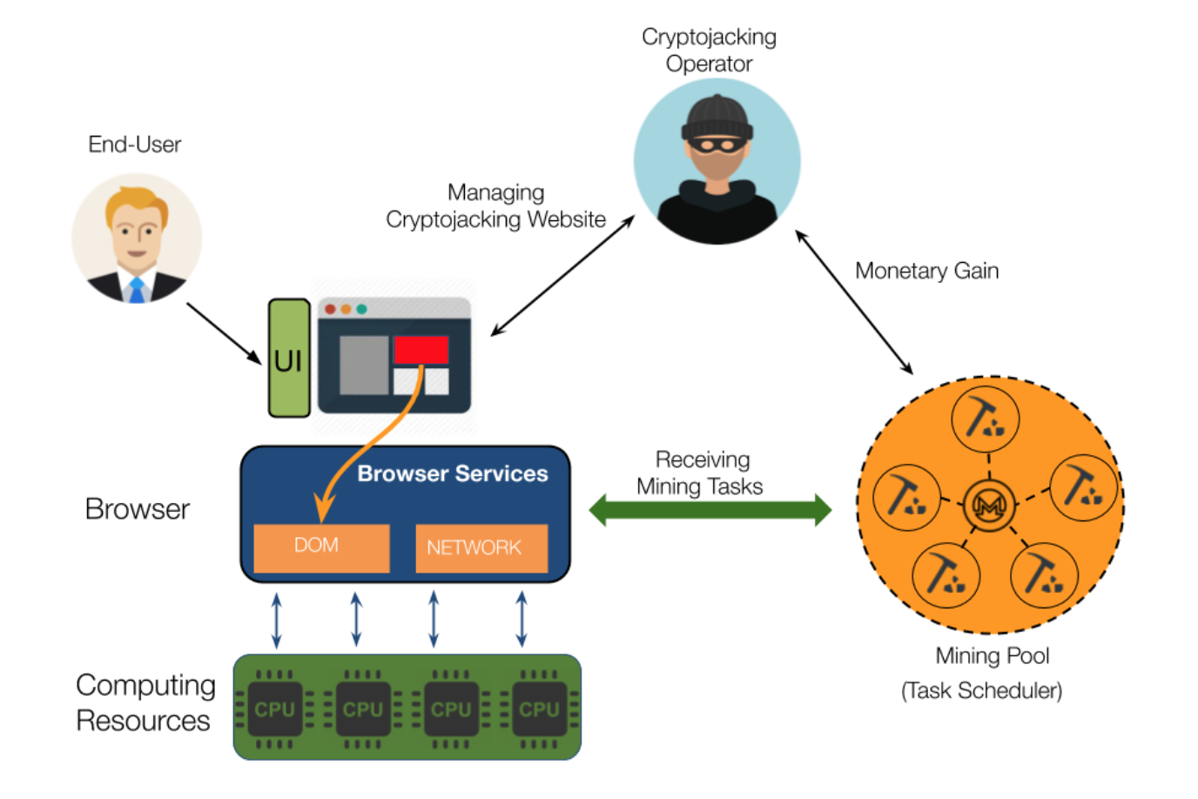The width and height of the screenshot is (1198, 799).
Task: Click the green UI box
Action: pos(289,359)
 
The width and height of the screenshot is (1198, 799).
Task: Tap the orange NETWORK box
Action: pos(481,547)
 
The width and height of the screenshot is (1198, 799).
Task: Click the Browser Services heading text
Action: pos(453,473)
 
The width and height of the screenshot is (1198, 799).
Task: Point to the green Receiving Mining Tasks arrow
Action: pos(710,509)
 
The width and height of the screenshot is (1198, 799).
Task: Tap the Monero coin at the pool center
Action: pos(989,504)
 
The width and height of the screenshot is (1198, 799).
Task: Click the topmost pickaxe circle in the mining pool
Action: pos(985,419)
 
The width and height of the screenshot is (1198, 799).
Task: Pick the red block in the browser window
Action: pos(421,350)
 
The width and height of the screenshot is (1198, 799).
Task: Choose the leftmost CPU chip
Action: pos(274,708)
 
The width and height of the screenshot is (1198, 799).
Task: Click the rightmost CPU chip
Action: pos(539,708)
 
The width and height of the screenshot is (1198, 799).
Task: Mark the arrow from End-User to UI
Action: pos(224,333)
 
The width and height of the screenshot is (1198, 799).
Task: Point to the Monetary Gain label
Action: pos(926,271)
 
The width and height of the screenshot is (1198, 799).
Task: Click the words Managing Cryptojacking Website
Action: pos(495,206)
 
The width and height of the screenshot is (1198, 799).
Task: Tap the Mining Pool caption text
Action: pos(992,655)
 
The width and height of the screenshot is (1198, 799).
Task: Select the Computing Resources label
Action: pos(145,703)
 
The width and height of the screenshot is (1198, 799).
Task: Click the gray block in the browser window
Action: pos(364,365)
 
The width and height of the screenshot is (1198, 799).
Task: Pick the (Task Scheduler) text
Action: pos(981,691)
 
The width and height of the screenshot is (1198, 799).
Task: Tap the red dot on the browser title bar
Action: pos(330,309)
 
